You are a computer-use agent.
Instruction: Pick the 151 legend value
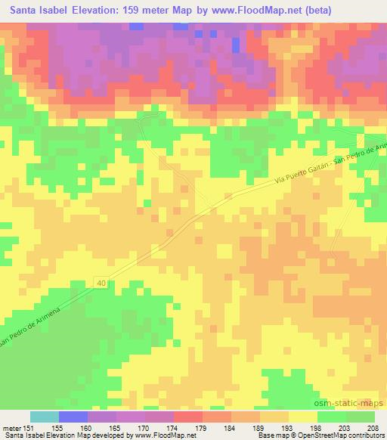(x=29, y=428)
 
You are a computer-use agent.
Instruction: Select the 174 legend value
(x=173, y=428)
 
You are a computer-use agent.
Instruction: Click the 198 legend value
(x=317, y=428)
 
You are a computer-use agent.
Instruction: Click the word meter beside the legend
(x=11, y=428)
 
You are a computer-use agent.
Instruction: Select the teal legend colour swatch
(x=44, y=417)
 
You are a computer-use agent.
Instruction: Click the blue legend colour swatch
(x=73, y=417)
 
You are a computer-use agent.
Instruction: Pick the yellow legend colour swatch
(x=302, y=417)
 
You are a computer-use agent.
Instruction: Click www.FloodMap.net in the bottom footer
(x=163, y=436)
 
